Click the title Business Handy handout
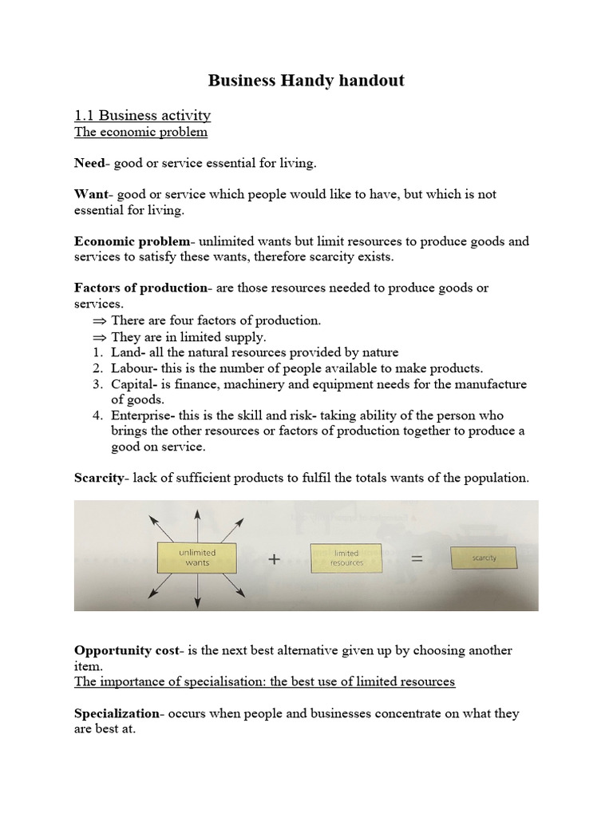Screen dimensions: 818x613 point(306,80)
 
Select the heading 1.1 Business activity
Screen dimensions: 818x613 point(142,116)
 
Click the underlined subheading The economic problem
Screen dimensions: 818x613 point(140,132)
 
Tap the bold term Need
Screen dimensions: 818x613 point(89,163)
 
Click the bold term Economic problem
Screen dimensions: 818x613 point(132,241)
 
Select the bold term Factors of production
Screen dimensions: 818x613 point(140,288)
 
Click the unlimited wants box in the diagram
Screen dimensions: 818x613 point(197,557)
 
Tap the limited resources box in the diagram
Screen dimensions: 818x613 point(346,557)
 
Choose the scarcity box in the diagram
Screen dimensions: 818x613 point(484,558)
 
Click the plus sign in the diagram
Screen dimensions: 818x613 point(274,560)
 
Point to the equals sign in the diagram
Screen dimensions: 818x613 point(416,560)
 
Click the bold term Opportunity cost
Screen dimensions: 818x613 point(126,650)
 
